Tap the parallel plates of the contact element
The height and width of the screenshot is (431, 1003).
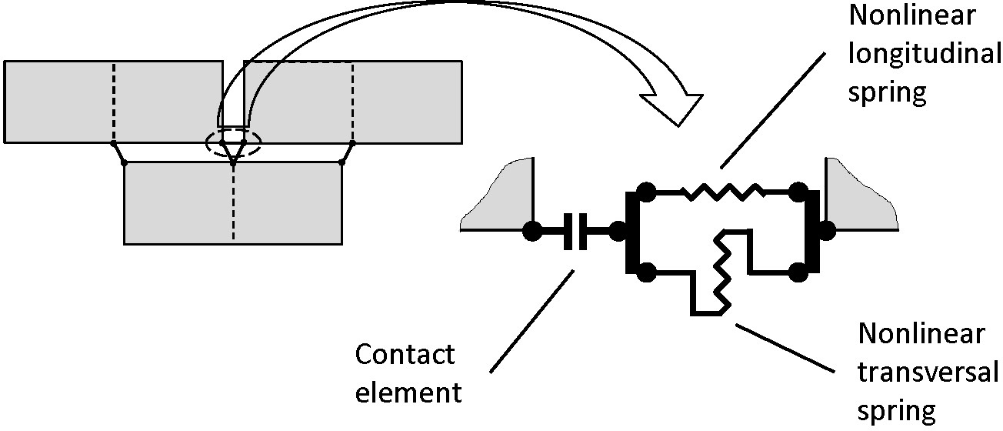[575, 229]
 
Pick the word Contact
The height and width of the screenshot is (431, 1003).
[405, 355]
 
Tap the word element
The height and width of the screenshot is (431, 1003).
[408, 393]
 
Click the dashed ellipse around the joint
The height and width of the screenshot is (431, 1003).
[232, 143]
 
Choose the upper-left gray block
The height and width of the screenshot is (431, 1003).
[113, 102]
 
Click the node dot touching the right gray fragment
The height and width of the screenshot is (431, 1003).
[826, 229]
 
